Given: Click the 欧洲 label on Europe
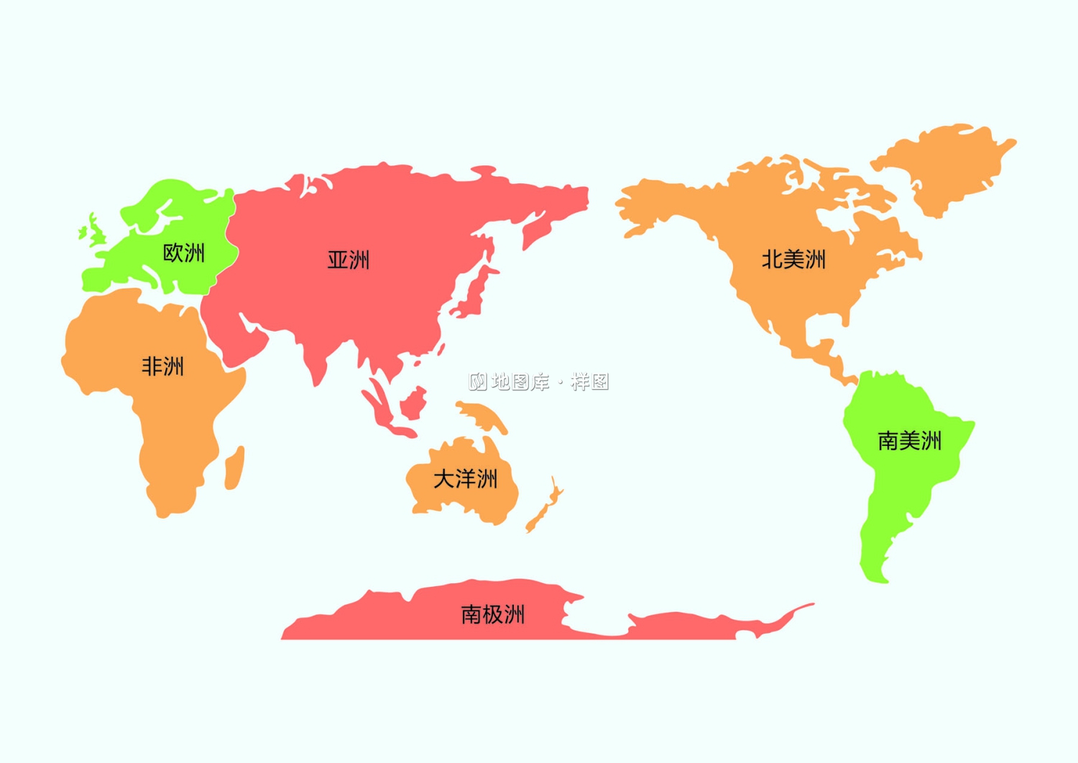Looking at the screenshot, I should pos(184,253).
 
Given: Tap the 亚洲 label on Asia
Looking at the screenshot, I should pos(349,260).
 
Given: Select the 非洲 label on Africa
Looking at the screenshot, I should pos(162,367).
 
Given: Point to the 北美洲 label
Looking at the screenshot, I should pos(793,260).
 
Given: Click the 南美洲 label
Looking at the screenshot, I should pos(909,441).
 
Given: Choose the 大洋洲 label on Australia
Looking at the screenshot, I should pos(465,479).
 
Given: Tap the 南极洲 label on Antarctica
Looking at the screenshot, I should pos(493,615).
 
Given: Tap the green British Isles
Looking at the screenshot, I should pos(93,231).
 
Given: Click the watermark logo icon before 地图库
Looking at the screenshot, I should pos(478,382).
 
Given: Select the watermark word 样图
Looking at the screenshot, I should pos(590,382).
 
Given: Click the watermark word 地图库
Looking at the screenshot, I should pos(520,382).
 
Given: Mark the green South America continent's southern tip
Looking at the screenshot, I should pos(881,577).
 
